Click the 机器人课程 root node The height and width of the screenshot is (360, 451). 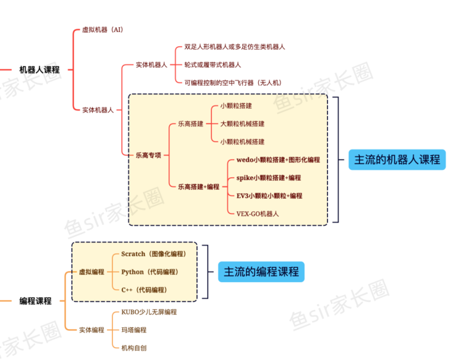point(40,70)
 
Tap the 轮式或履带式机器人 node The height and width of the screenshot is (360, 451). point(213,64)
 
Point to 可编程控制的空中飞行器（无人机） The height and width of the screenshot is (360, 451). point(233,82)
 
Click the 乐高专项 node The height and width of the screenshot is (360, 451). point(148,155)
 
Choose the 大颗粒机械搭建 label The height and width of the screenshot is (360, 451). point(242,123)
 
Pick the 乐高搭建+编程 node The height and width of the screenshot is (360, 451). point(198,186)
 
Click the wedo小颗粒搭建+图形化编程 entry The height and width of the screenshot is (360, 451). point(278,159)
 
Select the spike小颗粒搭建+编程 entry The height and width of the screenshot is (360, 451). point(268,178)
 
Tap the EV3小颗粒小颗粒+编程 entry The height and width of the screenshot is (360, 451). point(269,196)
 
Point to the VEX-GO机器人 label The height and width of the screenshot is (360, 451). point(258,214)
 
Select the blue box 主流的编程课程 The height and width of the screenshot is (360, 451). point(261,272)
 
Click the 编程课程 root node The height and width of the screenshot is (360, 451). point(35,301)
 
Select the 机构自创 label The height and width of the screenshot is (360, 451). point(133,348)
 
